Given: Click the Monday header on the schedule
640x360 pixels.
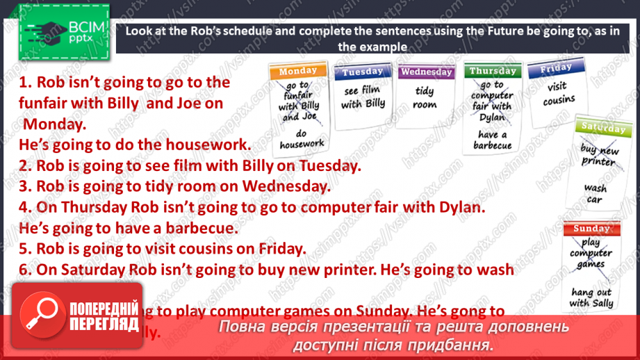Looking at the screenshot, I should pos(298,71).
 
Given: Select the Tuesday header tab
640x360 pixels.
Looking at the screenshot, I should pos(362,72).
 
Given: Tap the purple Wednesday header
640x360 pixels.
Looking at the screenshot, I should pos(426,72).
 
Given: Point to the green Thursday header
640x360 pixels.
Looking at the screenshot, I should pos(492,71).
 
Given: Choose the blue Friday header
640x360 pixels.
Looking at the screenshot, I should pos(555,68).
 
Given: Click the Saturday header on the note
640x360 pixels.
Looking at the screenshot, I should pos(602,128).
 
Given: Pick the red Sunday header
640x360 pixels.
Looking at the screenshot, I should pos(591,229).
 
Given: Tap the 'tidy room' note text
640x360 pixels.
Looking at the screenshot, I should pos(425,98).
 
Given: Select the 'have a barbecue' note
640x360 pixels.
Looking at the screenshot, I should pos(493,140).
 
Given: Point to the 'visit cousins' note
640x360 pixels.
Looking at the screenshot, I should pos(559,94).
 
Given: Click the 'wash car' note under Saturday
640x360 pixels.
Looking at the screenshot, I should pos(595,194).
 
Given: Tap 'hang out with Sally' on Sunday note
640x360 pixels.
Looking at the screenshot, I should pos(591,297).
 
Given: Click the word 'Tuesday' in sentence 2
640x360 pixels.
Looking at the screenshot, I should pos(331,167).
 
